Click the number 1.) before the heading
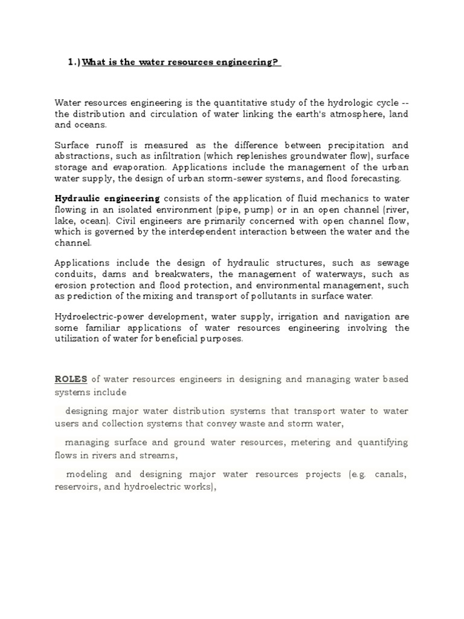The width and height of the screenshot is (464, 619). point(74,63)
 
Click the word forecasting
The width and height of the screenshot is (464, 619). point(375,179)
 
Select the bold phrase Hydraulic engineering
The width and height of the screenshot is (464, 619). point(108,198)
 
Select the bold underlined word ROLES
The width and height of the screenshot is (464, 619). point(71,379)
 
